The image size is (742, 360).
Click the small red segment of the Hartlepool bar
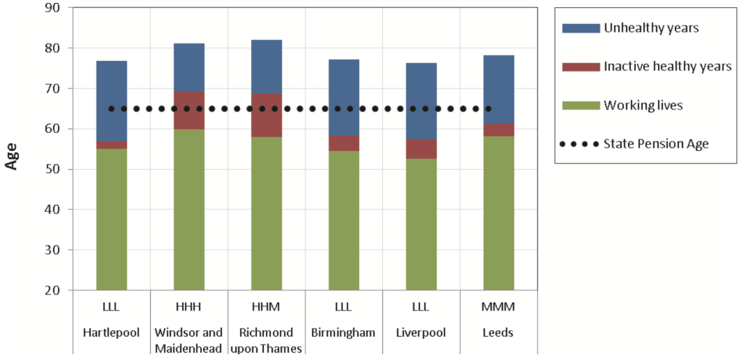(112, 144)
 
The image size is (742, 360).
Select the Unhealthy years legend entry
(641, 28)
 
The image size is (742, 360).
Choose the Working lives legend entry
(643, 105)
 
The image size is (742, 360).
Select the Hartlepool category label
(112, 333)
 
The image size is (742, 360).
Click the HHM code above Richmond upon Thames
(266, 308)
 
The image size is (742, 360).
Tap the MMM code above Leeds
(498, 308)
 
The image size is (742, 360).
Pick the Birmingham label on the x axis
(344, 333)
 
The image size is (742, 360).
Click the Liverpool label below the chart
(421, 333)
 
